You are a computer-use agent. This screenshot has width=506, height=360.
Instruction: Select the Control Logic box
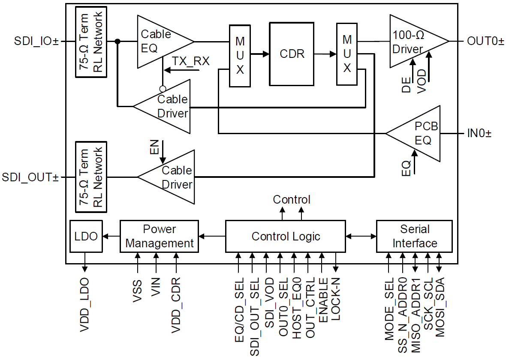[x=286, y=236]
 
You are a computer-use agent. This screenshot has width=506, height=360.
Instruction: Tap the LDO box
[x=86, y=236]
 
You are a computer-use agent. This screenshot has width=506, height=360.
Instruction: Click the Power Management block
[x=159, y=236]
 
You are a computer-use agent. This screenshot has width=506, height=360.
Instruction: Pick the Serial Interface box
[x=414, y=236]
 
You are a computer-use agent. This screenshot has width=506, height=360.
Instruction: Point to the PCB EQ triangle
[x=418, y=134]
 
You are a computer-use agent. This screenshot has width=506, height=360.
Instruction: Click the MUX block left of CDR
[x=240, y=56]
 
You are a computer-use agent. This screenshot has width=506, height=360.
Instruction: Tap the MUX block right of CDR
[x=347, y=54]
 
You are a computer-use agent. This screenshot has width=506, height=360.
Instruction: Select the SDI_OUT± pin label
[x=30, y=177]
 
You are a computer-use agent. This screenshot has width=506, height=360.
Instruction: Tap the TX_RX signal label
[x=190, y=61]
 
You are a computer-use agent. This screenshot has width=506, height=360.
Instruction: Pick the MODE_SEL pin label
[x=389, y=309]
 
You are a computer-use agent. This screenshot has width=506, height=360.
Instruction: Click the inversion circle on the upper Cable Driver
[x=163, y=89]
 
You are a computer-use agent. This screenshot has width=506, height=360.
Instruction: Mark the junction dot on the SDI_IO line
[x=117, y=42]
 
